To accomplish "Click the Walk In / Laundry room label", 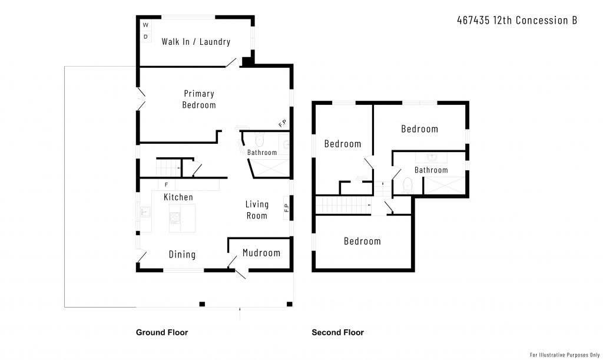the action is [x=196, y=41].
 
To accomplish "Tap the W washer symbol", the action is [x=145, y=25].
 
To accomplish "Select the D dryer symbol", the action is [x=145, y=37].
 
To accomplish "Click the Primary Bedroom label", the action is [x=199, y=99].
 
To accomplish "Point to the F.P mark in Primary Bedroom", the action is [x=282, y=124].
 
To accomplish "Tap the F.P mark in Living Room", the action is [x=287, y=207].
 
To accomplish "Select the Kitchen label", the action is [x=178, y=197].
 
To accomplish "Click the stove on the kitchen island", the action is [x=175, y=218].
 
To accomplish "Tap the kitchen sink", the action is [x=145, y=212].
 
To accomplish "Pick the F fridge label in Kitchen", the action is [x=166, y=185].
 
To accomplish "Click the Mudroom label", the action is [x=261, y=253].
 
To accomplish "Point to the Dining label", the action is [x=183, y=254].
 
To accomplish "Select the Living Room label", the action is [x=257, y=210].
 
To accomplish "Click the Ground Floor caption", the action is [x=162, y=332].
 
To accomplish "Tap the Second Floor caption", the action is [x=337, y=332].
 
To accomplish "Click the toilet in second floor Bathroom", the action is [x=407, y=186].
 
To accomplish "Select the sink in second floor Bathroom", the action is [x=432, y=157].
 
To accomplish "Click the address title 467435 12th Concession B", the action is [x=517, y=20].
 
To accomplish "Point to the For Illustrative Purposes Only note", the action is [x=565, y=355].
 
